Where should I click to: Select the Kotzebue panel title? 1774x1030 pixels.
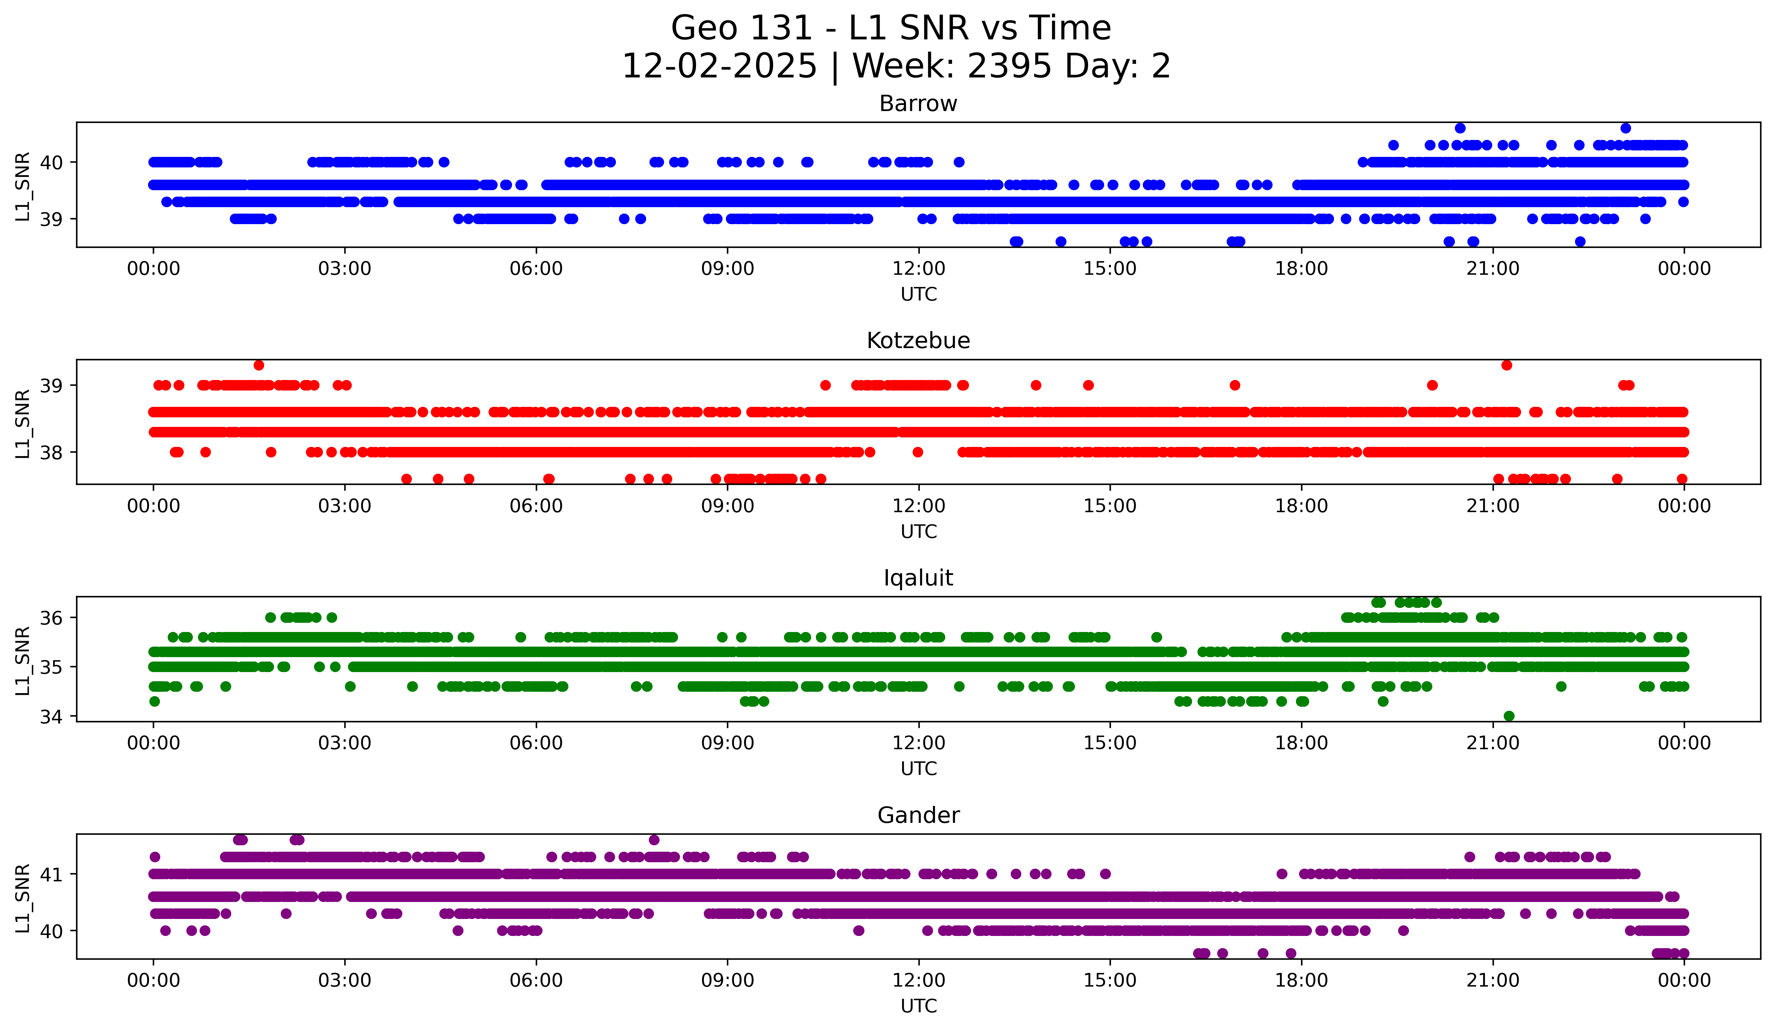click(x=918, y=341)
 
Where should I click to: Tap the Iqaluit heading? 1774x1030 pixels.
click(x=918, y=578)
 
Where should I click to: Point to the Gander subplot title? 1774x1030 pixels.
click(x=918, y=815)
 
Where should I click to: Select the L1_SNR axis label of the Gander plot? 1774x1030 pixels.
click(x=22, y=898)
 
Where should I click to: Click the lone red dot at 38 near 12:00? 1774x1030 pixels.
click(x=917, y=452)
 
